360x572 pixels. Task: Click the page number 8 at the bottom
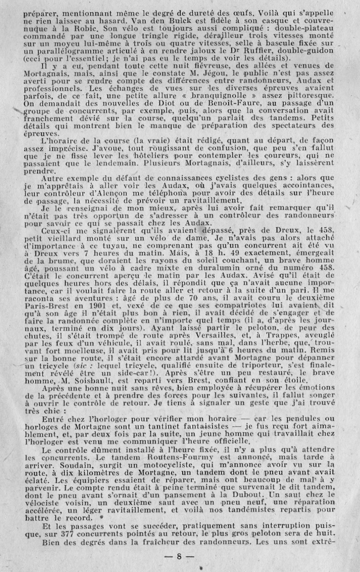coord(178,557)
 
